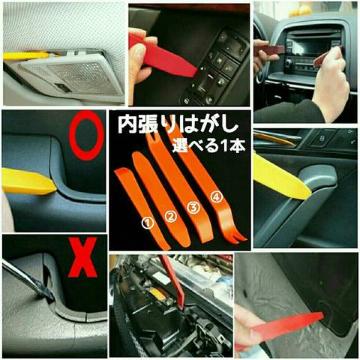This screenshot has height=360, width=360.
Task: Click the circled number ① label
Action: (x=148, y=223)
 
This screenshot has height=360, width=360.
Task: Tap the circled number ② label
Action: (x=170, y=217)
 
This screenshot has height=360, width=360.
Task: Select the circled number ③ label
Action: (x=194, y=207)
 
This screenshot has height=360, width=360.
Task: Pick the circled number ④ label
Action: (x=217, y=197)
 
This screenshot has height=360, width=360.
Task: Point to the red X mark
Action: (x=83, y=257)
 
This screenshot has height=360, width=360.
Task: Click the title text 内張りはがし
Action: (x=178, y=125)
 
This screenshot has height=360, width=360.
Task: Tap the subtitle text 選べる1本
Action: (x=209, y=146)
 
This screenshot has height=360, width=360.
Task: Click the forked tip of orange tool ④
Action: (x=237, y=237)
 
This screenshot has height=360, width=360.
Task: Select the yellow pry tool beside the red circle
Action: (x=28, y=181)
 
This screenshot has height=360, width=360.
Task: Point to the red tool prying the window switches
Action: (x=163, y=57)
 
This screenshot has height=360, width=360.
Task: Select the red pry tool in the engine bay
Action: (x=173, y=281)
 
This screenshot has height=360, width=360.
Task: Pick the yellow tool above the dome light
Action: (x=27, y=55)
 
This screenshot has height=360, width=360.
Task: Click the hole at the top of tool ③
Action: (x=153, y=136)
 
